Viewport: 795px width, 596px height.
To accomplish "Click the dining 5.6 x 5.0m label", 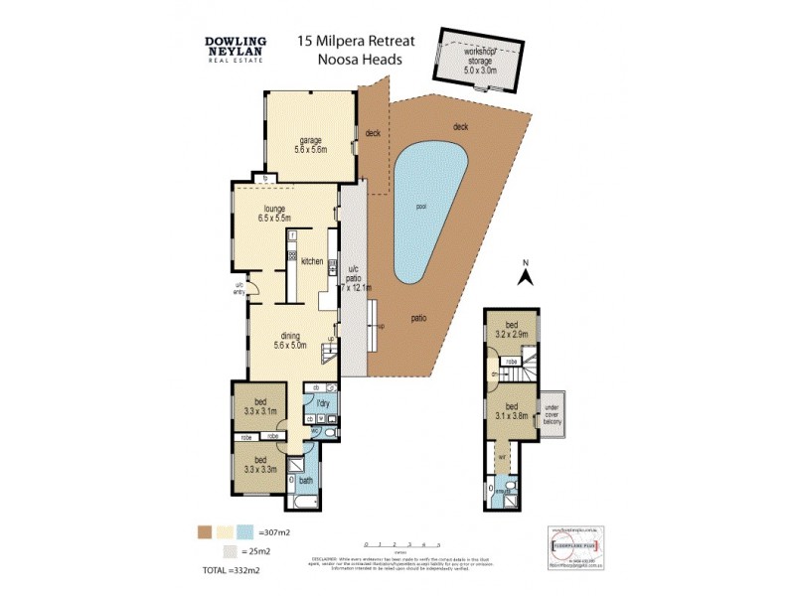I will click(x=293, y=341).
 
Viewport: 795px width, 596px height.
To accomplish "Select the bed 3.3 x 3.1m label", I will click(x=259, y=406).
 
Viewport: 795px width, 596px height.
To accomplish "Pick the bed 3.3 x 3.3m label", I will click(x=259, y=465).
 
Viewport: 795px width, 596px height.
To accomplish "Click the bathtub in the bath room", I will click(x=291, y=484).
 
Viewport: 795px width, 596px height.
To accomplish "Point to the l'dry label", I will click(x=323, y=403).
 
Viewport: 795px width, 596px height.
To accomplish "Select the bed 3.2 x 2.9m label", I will click(x=512, y=331).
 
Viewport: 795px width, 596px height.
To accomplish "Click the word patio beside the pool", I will click(x=419, y=318).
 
